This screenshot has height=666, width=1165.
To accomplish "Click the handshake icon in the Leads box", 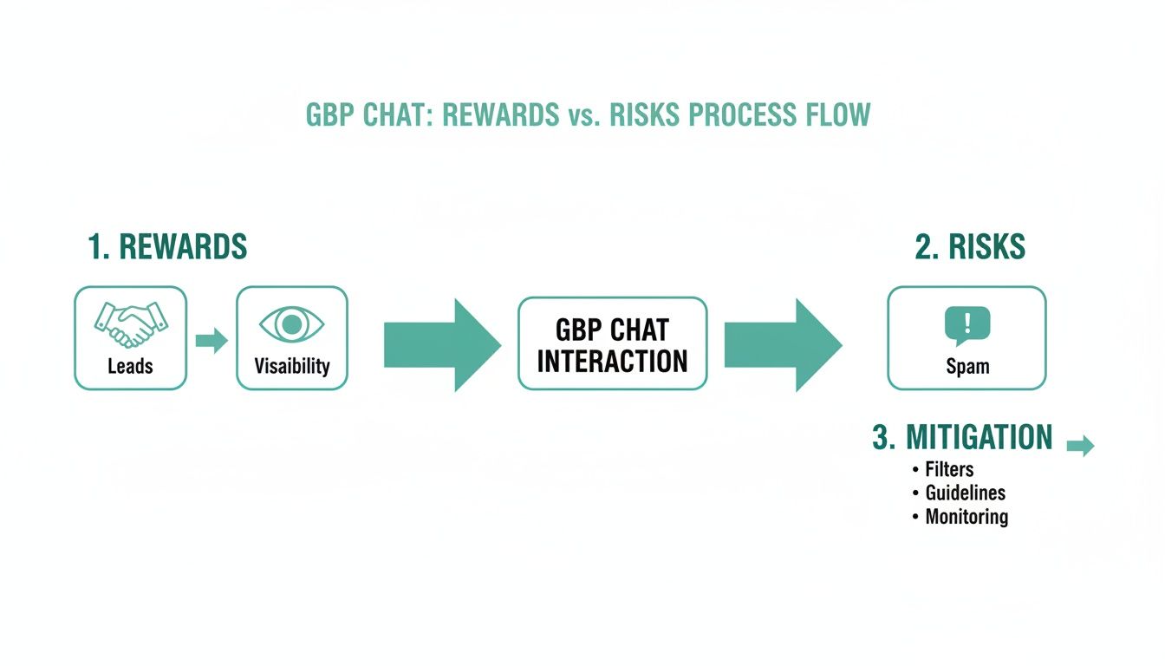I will tap(130, 323).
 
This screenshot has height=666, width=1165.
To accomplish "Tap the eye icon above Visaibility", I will tap(292, 324).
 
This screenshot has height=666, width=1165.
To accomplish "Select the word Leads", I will tap(130, 366).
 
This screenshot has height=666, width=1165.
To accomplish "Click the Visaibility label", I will tap(292, 366).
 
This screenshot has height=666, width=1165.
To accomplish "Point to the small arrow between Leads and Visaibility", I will tap(211, 341).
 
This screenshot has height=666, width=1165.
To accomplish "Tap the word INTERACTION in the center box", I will tap(612, 360).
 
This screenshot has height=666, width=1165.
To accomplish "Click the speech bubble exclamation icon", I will tap(966, 325).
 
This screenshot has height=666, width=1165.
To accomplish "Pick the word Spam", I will tap(967, 366).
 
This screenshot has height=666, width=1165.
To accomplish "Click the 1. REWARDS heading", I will tap(167, 247).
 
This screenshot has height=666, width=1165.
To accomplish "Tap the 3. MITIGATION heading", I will tap(962, 437).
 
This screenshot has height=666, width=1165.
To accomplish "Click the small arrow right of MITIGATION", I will tap(1080, 447).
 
